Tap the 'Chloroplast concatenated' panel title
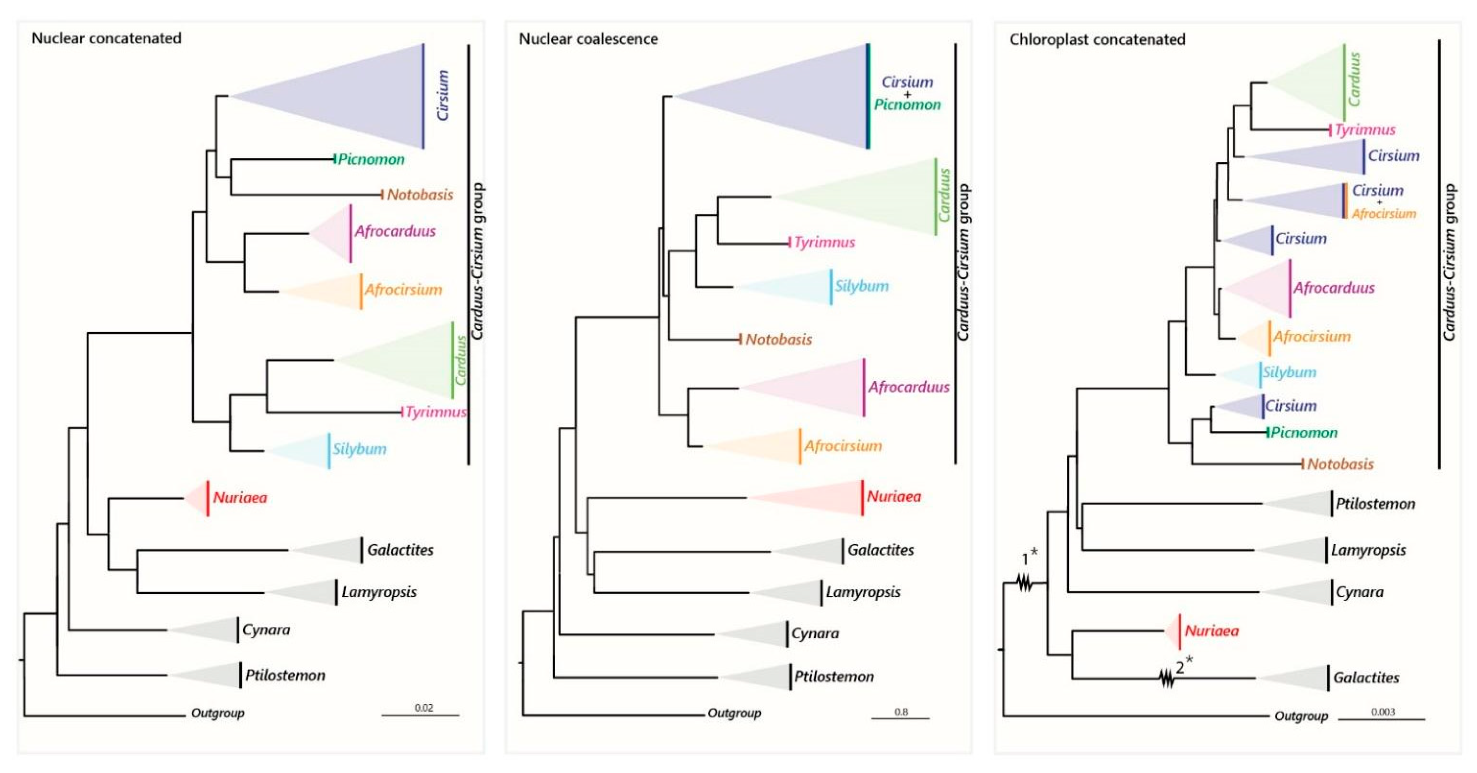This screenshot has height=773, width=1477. pos(1097,40)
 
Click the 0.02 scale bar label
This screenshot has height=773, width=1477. pos(424,708)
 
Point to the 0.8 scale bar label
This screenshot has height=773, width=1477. pos(901,712)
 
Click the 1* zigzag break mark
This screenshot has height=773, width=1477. pos(1025,583)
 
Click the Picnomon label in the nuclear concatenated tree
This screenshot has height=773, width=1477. pos(371,159)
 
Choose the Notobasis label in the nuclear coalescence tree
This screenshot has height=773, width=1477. pos(778,339)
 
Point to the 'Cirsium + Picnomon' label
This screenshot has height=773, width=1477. pos(907,93)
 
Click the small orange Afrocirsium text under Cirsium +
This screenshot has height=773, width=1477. pos(1384,214)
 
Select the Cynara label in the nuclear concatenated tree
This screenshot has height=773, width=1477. pos(266,630)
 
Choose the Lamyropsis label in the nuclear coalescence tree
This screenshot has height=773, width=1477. pos(863,592)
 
